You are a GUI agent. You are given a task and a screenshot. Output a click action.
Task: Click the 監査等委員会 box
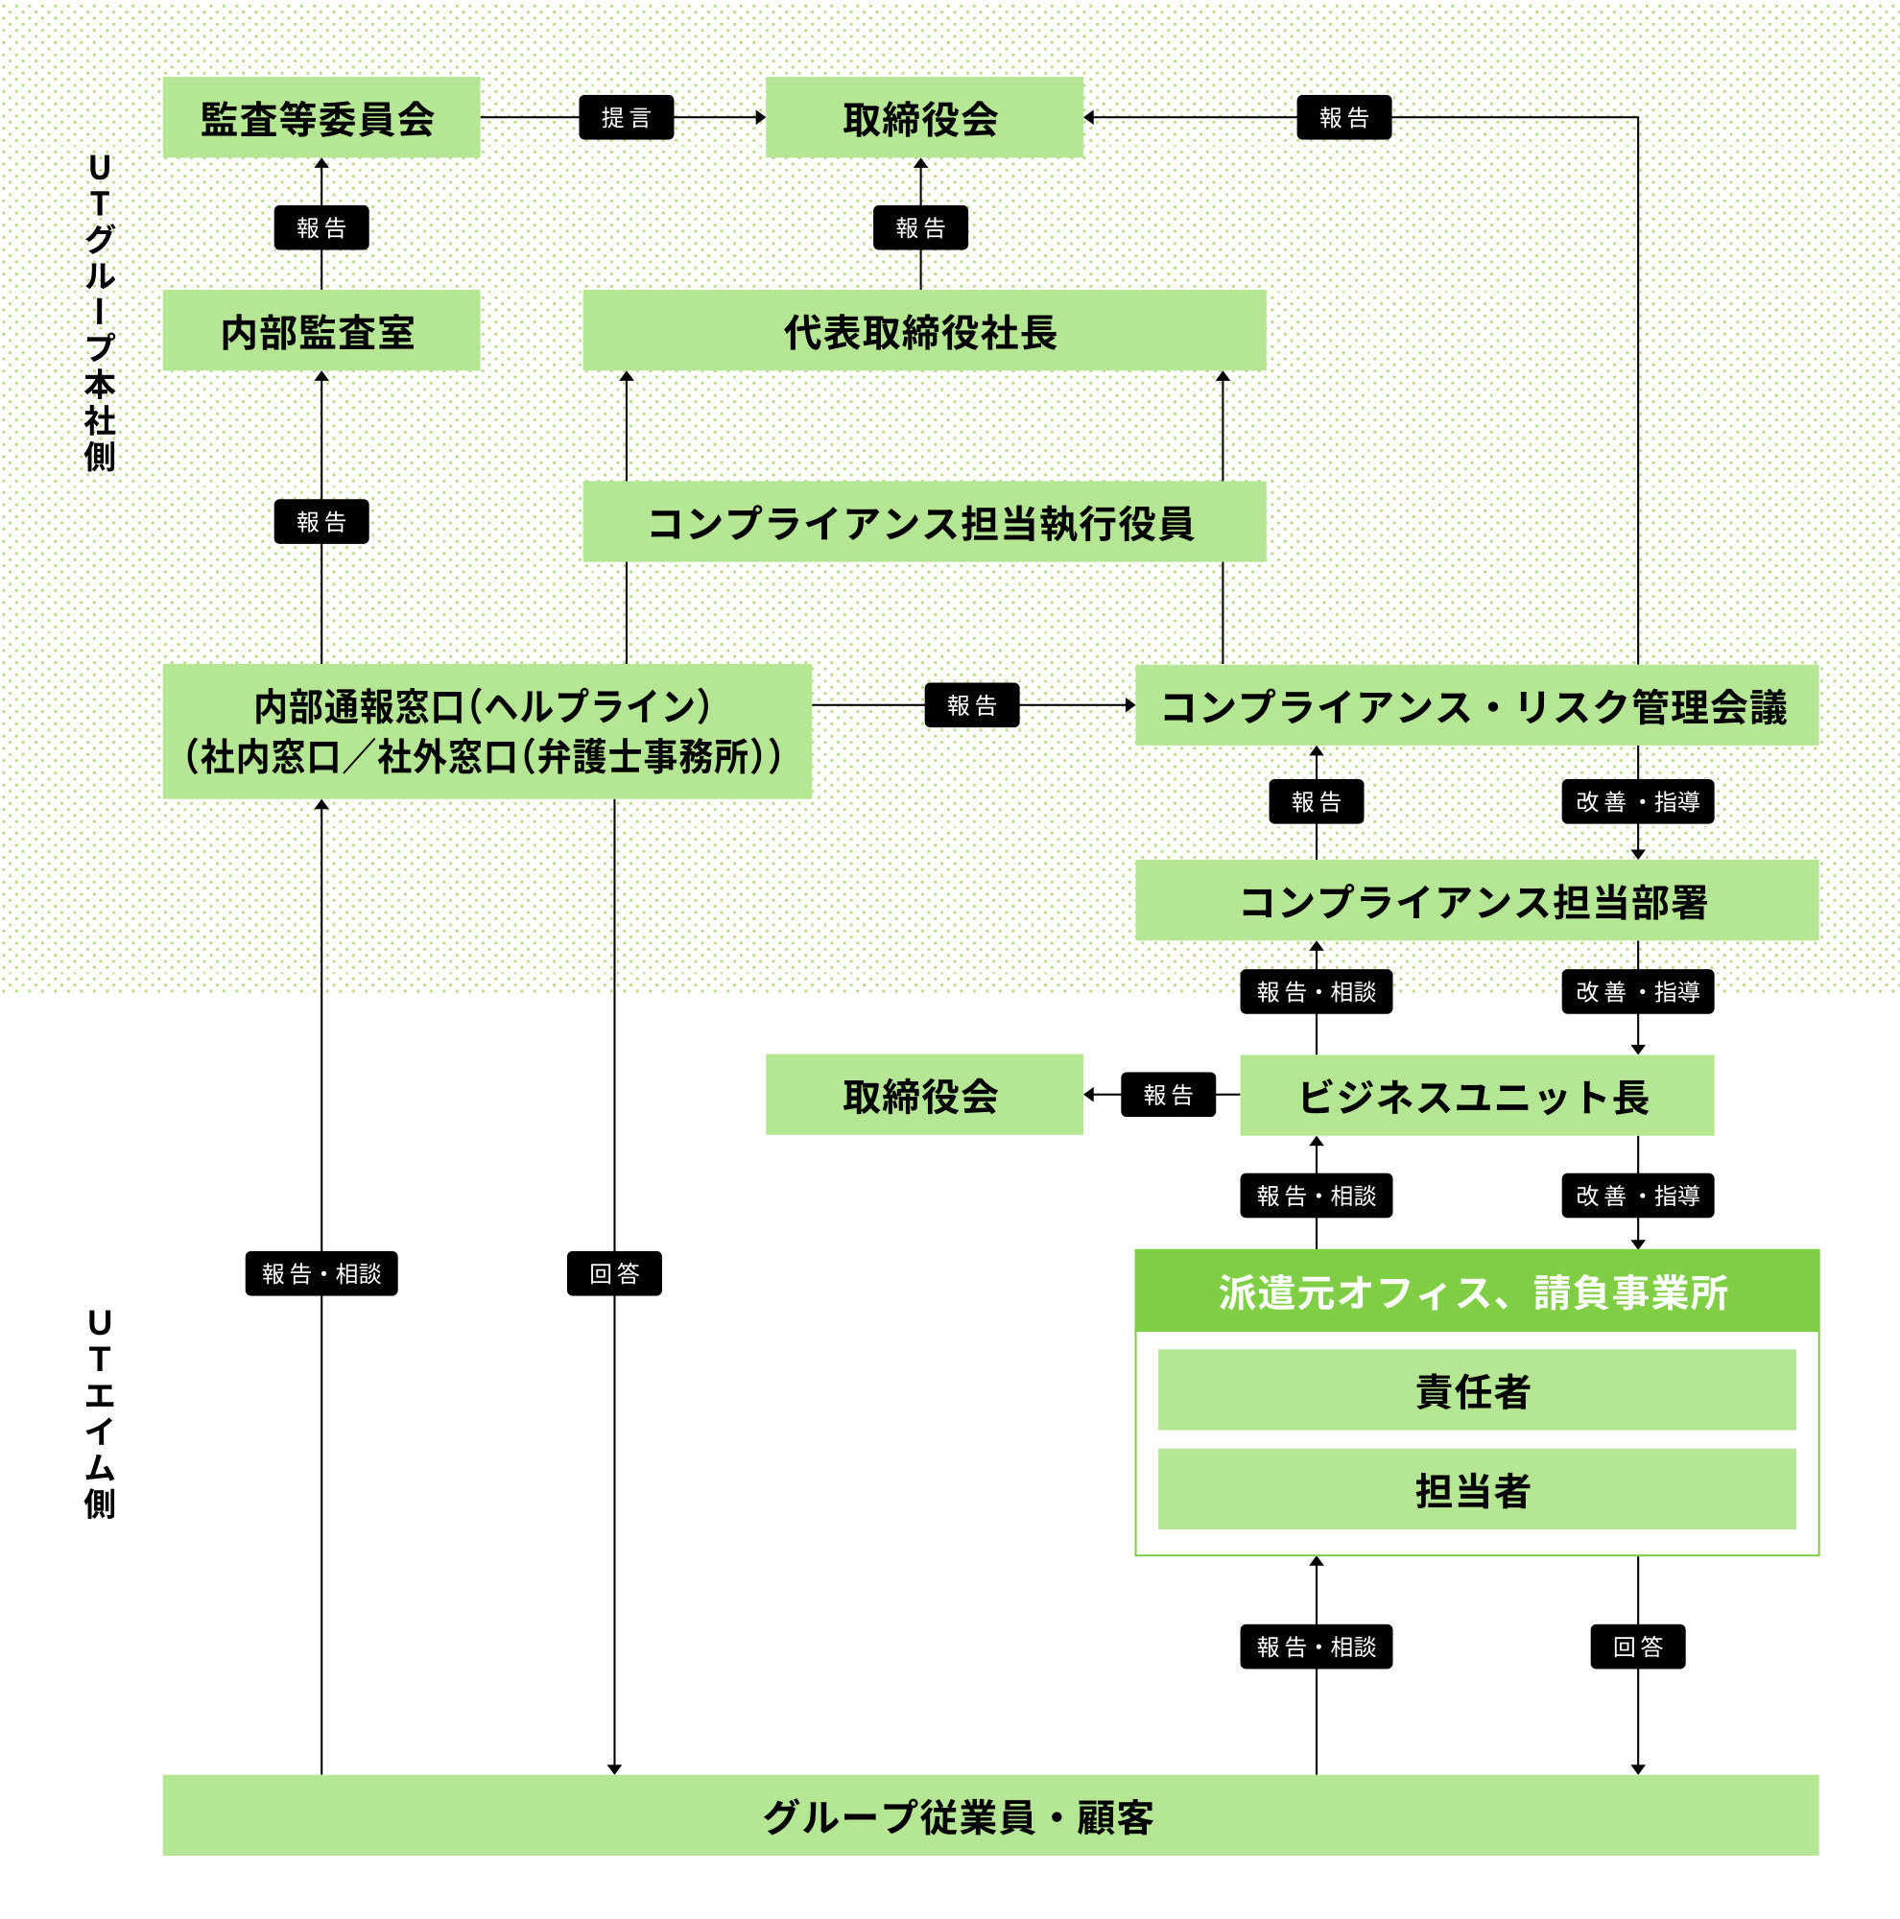tap(321, 117)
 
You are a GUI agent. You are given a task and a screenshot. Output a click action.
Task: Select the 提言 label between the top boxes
tap(626, 117)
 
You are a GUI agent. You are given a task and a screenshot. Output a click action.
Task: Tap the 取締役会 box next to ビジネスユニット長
tap(924, 1095)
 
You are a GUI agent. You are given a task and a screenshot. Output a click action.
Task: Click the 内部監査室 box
tap(321, 331)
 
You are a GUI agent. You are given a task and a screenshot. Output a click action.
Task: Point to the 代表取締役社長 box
tap(924, 331)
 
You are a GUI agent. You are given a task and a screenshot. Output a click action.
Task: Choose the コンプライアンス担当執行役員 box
tap(924, 521)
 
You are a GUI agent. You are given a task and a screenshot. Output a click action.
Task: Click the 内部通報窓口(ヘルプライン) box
tap(487, 731)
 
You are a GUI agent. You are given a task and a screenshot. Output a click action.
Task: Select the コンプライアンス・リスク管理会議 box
tap(1476, 705)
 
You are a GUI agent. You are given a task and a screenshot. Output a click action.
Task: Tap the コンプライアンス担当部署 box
tap(1476, 900)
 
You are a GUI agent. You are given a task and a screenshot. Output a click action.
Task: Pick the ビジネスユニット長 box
tap(1476, 1095)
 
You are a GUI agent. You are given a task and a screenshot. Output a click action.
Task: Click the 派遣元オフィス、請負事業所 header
tap(1476, 1291)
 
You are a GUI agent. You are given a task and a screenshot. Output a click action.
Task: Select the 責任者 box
tap(1476, 1389)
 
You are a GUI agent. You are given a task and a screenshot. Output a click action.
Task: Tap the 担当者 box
tap(1476, 1489)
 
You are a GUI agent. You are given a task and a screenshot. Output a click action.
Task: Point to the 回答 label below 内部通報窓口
tap(614, 1272)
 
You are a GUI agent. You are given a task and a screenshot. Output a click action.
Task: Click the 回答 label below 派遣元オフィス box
tap(1637, 1646)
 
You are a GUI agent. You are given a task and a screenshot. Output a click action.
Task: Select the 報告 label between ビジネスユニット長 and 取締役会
tap(1168, 1095)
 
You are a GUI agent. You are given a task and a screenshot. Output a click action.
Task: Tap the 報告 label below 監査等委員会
tap(321, 227)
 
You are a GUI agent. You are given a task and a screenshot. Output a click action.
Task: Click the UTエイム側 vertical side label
tap(100, 1413)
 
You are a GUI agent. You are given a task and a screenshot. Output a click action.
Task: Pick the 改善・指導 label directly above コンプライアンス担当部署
tap(1637, 801)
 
